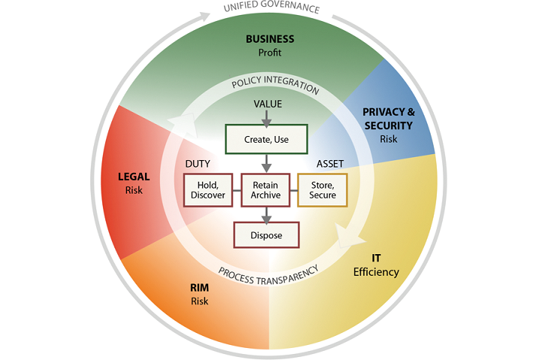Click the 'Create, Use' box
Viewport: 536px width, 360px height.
(x=267, y=139)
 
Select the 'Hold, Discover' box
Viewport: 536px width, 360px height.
(x=204, y=190)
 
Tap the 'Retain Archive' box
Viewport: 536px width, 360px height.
(x=267, y=190)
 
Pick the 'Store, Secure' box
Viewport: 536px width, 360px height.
(x=323, y=190)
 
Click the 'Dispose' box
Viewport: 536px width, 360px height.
(x=267, y=235)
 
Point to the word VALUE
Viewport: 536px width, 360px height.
(x=268, y=104)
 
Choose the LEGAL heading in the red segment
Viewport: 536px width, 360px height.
(x=135, y=177)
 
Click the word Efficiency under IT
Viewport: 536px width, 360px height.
(x=376, y=271)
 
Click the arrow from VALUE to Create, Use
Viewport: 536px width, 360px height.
(x=268, y=116)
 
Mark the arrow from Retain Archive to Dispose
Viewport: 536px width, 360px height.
(x=267, y=215)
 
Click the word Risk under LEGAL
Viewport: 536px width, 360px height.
(x=135, y=190)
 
